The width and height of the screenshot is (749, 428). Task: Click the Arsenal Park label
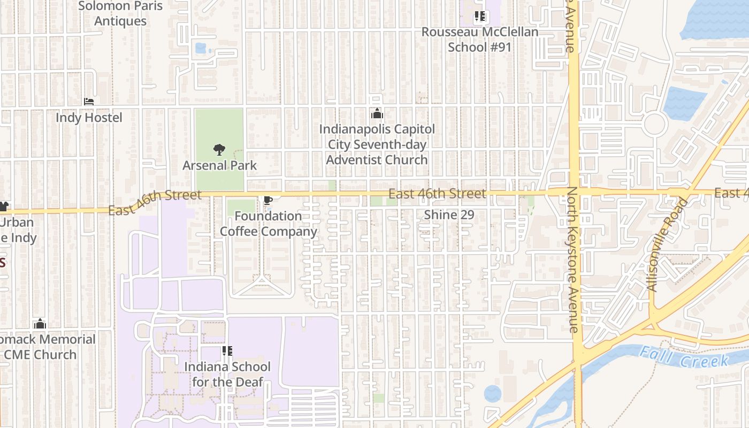click(x=219, y=165)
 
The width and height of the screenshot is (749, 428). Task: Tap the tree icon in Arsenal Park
click(x=219, y=150)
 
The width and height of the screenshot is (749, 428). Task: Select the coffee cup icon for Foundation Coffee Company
click(x=268, y=201)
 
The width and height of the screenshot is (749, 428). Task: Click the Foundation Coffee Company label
click(x=269, y=224)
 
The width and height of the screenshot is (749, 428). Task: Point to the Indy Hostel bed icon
click(x=89, y=101)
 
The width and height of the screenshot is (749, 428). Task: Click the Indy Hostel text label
click(x=89, y=117)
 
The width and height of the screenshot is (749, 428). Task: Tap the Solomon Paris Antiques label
click(x=120, y=13)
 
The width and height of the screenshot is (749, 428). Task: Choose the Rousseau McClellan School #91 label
click(x=479, y=39)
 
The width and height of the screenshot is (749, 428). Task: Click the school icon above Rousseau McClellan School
click(x=480, y=17)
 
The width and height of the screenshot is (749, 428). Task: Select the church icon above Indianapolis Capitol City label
click(x=377, y=114)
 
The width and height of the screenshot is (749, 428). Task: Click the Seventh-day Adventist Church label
click(x=377, y=144)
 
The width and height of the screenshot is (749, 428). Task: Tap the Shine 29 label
click(x=449, y=215)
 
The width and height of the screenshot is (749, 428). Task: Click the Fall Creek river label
click(x=684, y=357)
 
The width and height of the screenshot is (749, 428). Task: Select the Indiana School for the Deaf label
click(x=227, y=374)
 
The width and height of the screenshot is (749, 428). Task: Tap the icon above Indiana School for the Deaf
click(x=227, y=351)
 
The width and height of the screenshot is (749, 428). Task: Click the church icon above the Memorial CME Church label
click(x=40, y=324)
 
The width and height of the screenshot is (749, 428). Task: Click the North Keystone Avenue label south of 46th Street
click(x=572, y=259)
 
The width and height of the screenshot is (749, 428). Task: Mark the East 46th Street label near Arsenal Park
click(x=155, y=202)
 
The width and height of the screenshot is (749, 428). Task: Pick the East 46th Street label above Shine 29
click(x=437, y=194)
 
